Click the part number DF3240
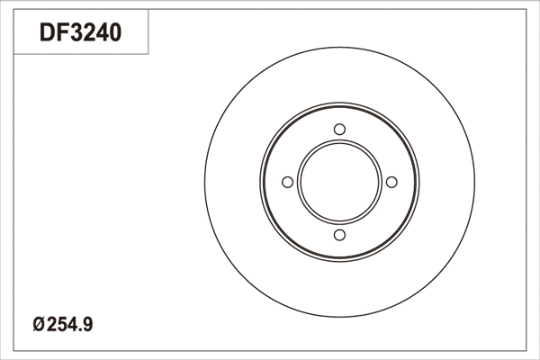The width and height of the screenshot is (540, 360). [80, 34]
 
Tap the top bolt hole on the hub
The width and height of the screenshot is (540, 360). [339, 130]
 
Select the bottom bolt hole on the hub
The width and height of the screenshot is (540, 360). [339, 235]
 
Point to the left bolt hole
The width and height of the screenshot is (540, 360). [287, 183]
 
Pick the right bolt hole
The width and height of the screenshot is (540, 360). [391, 183]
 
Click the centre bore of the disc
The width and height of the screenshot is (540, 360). [339, 183]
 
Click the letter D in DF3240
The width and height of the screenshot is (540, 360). [46, 34]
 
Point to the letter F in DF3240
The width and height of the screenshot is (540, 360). [59, 34]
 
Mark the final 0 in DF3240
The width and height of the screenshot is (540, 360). [115, 34]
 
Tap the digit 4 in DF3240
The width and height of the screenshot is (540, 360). [102, 34]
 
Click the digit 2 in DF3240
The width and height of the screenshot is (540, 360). [87, 34]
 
